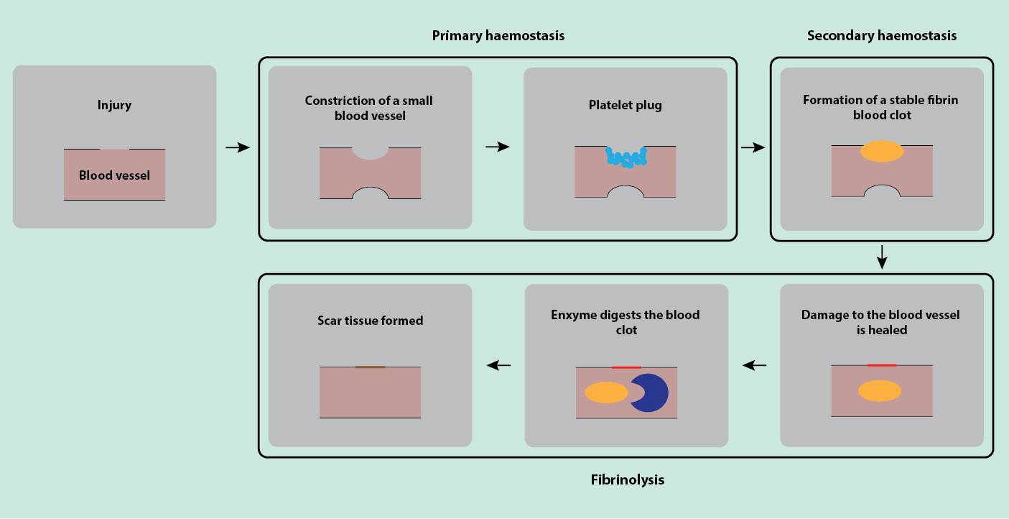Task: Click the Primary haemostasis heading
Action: (498, 36)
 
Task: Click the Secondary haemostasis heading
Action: (881, 36)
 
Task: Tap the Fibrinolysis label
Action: (627, 479)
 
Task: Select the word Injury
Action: (114, 105)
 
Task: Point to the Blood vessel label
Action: (114, 175)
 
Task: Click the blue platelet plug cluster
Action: (626, 157)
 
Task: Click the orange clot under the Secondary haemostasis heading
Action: (881, 151)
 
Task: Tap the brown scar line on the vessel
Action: (370, 367)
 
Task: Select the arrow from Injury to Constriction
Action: (237, 147)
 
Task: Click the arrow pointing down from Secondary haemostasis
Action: (882, 257)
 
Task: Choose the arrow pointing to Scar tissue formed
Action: (498, 365)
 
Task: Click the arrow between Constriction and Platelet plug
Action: (497, 147)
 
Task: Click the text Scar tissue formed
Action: (370, 321)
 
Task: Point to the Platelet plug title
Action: (625, 105)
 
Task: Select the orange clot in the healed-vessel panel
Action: (880, 390)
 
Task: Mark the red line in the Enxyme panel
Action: (626, 367)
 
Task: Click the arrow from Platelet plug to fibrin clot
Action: (753, 147)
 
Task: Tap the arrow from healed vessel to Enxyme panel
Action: (754, 365)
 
